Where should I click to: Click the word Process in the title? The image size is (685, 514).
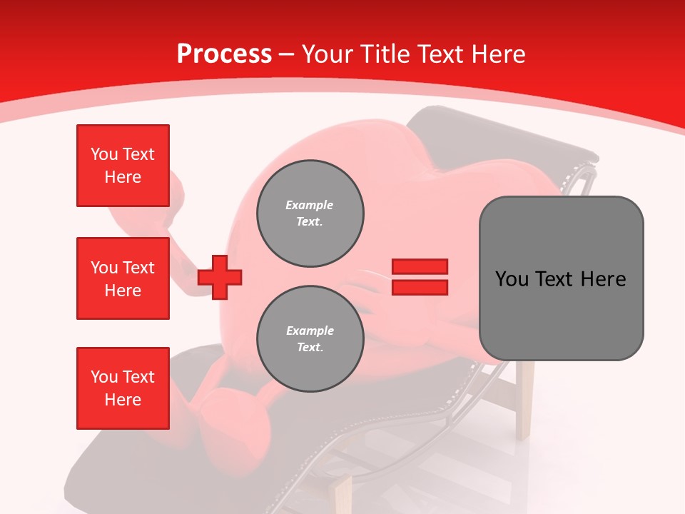tap(224, 54)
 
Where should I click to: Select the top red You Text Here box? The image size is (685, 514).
tap(123, 166)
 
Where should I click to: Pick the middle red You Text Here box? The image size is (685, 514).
tap(123, 278)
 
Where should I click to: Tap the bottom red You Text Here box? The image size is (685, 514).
tap(123, 388)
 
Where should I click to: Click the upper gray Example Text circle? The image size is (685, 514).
tap(310, 213)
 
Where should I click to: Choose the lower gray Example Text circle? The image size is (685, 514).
tap(310, 339)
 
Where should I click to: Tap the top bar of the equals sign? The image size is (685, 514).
tap(420, 267)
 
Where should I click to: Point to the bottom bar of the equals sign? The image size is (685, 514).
tap(420, 287)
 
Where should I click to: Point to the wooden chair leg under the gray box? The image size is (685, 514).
tap(524, 400)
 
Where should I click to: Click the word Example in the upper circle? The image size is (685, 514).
tap(310, 206)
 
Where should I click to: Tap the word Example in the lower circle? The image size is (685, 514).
tap(310, 331)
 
